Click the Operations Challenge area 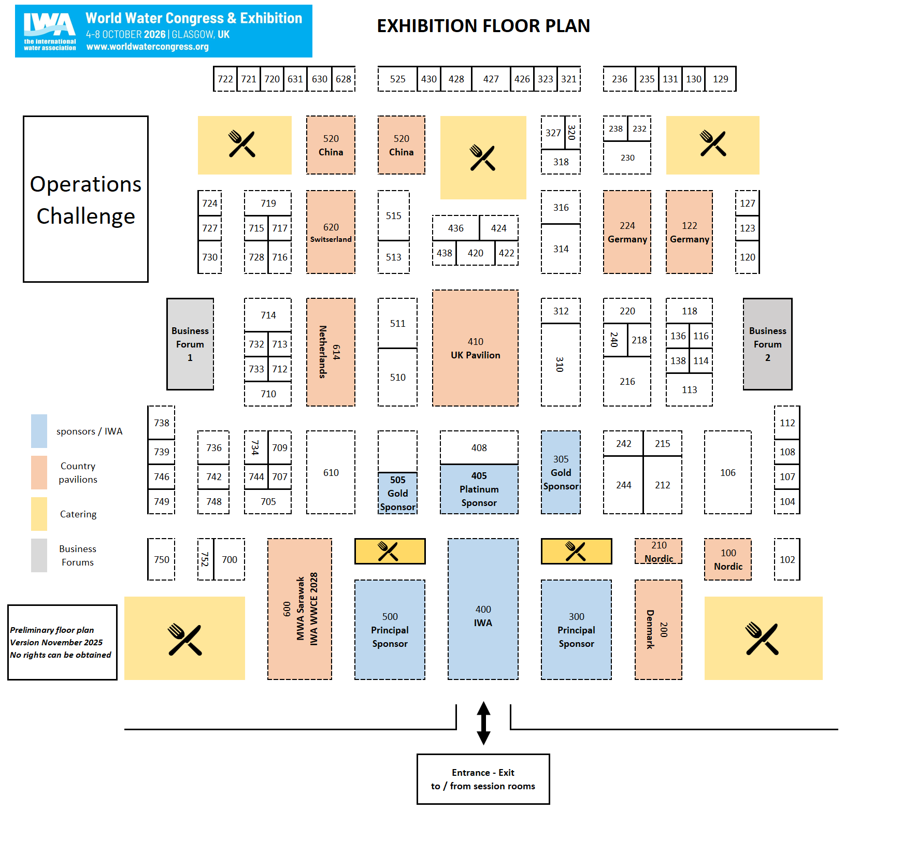click(85, 199)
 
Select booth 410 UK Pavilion click(475, 348)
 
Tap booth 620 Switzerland click(331, 232)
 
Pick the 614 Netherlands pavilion click(331, 352)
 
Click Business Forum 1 click(190, 344)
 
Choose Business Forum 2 click(767, 344)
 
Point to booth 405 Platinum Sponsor click(479, 489)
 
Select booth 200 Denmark click(658, 629)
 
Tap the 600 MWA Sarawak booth click(299, 609)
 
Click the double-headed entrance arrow click(483, 723)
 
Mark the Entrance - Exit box click(483, 779)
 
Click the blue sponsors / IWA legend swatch click(39, 431)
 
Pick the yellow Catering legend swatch click(39, 514)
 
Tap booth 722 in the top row click(225, 79)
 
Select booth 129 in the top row click(720, 79)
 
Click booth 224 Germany click(627, 232)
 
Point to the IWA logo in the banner click(50, 31)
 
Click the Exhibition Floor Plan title click(483, 26)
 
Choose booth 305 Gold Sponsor click(561, 472)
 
